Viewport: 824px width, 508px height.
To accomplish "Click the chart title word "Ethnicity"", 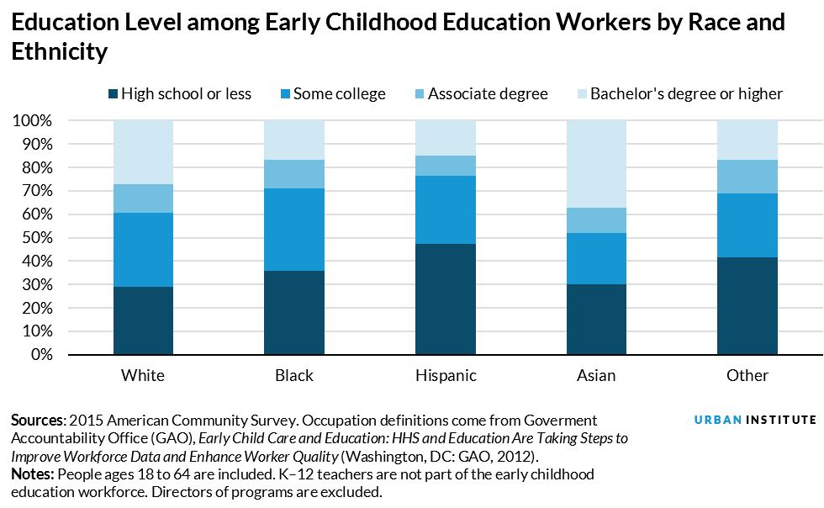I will (x=60, y=53).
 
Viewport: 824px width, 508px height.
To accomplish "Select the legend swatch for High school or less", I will (x=113, y=93).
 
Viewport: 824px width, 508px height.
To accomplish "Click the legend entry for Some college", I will (x=339, y=93).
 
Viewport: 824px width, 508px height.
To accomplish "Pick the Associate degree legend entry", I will (x=488, y=93).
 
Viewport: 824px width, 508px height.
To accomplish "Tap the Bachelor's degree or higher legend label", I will (x=686, y=93).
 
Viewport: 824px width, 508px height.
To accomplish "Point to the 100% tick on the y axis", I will (x=33, y=121).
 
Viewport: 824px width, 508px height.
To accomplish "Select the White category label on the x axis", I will (x=143, y=375).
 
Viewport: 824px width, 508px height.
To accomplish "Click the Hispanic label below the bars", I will (x=445, y=375).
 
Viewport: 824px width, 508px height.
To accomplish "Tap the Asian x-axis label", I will (x=596, y=375).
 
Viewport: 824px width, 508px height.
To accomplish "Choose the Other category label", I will (x=747, y=375).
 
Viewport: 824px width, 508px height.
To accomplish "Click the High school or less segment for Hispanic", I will (x=445, y=299).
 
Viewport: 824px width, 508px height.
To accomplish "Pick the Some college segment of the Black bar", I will (x=294, y=230).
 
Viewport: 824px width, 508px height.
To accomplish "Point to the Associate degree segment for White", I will (x=143, y=198).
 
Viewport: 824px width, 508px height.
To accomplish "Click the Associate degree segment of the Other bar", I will (x=747, y=177).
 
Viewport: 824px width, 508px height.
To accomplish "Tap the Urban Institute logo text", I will (x=755, y=420).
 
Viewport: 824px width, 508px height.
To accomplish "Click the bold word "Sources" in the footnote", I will (x=38, y=420).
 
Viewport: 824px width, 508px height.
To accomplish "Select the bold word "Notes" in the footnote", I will (x=33, y=474).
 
